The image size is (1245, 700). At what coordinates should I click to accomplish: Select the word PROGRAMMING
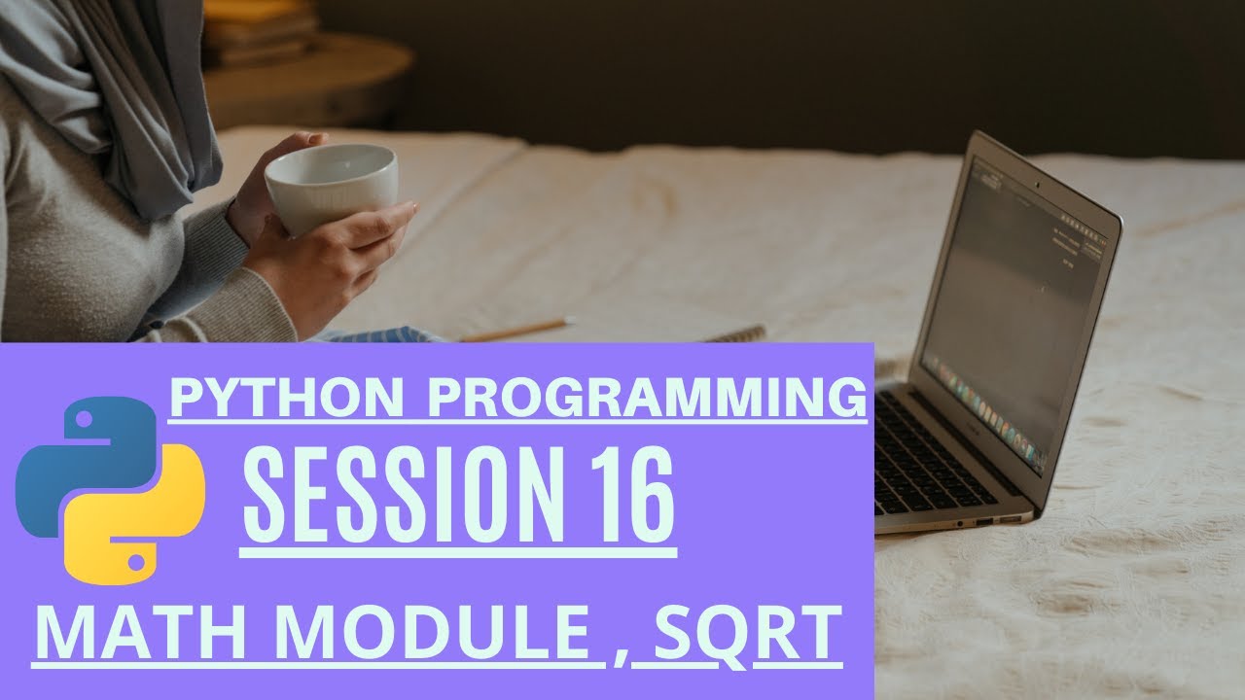coord(647,398)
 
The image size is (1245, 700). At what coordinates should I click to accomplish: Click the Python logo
coord(110,491)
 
